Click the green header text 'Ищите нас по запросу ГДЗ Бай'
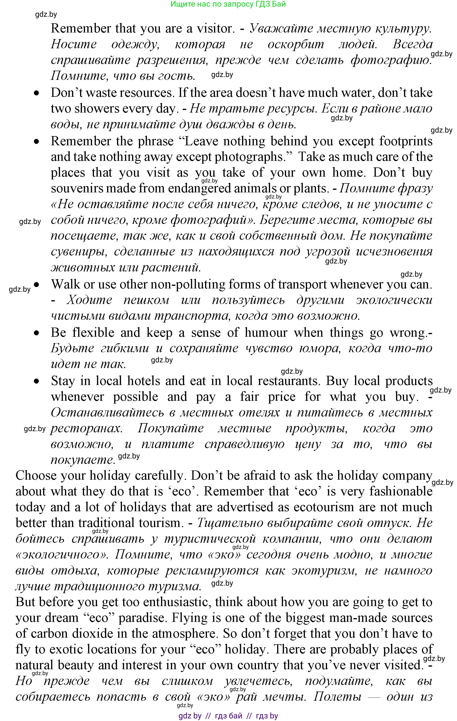(x=228, y=4)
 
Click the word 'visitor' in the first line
(x=214, y=28)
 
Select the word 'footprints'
(x=405, y=141)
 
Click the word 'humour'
(x=266, y=333)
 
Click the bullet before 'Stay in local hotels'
(x=36, y=381)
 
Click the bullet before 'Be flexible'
(x=36, y=333)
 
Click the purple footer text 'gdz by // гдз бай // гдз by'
(x=228, y=716)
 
